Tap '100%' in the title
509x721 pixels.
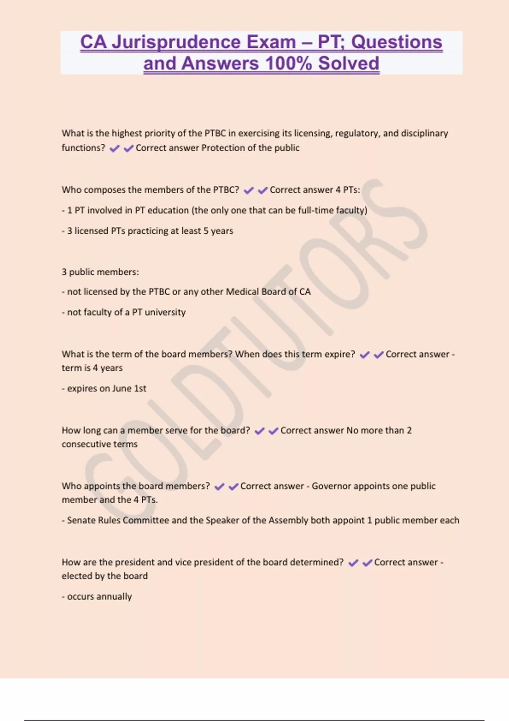[x=288, y=64]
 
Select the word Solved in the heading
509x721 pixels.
[x=349, y=64]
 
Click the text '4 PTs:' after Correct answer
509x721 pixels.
[x=348, y=190]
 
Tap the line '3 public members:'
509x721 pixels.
[x=100, y=272]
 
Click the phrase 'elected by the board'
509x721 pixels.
[x=105, y=576]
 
